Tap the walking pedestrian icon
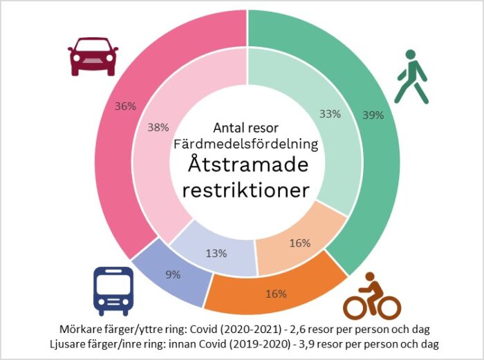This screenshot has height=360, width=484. pos(411,77)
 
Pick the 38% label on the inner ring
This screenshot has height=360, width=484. pos(158,127)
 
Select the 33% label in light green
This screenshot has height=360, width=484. pos(330,114)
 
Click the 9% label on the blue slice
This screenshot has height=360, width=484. pos(172,274)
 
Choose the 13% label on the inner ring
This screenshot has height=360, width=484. pos(216,253)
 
